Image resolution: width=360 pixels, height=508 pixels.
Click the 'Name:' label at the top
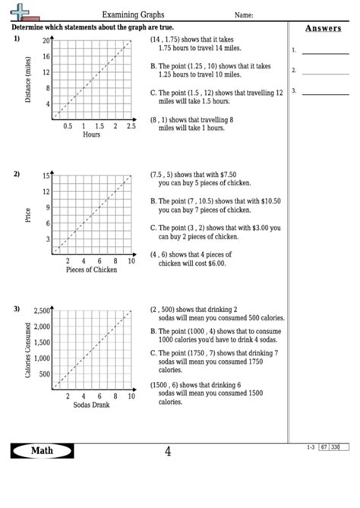coord(244,14)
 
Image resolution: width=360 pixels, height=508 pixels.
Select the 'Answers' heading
coord(323,29)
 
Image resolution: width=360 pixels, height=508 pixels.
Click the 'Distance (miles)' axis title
coord(28,80)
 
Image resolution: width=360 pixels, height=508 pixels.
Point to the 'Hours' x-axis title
coord(91,134)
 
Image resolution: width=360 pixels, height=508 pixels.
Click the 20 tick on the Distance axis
coord(46,40)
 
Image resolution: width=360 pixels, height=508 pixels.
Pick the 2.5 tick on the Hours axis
coord(131,126)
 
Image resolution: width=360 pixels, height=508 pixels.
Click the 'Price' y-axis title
coord(28,215)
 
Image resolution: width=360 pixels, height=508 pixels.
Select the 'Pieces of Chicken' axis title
coord(92,270)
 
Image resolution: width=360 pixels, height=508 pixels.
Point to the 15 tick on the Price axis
coord(46,175)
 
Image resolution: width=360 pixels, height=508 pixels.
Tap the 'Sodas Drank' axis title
coord(92,405)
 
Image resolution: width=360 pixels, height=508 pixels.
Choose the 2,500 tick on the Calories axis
coord(41,311)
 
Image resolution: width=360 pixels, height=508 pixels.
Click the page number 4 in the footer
coord(168,452)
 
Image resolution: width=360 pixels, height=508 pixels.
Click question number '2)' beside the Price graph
coord(16,174)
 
